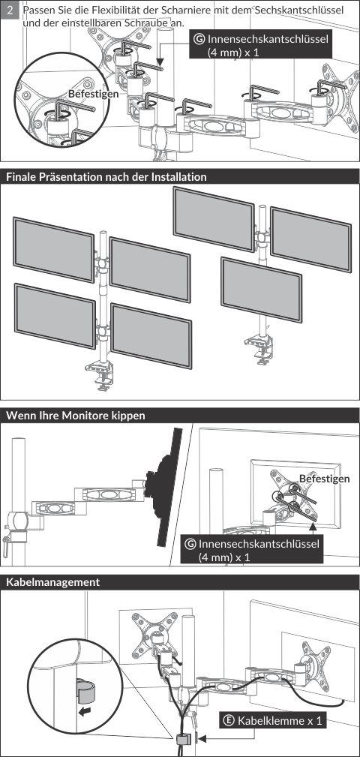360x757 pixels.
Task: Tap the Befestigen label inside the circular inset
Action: point(93,94)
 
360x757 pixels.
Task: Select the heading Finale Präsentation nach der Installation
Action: point(106,177)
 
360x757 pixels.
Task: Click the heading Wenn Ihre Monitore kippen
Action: point(75,416)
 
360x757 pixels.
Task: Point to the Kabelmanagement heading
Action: point(52,582)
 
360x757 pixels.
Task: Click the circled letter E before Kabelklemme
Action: point(229,721)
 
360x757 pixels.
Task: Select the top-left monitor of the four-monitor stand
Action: point(53,249)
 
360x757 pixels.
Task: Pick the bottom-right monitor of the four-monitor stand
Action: point(151,335)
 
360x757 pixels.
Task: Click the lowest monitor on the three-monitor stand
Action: point(262,290)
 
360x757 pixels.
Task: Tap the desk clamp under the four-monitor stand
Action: point(101,374)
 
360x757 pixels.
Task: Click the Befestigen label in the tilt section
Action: point(324,479)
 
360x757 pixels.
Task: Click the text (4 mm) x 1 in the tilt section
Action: point(224,557)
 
